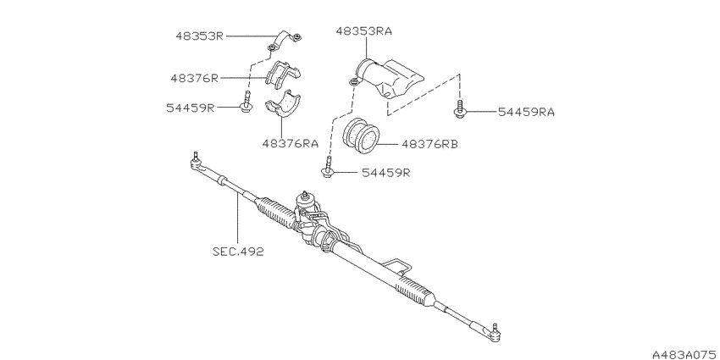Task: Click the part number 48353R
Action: pos(199,36)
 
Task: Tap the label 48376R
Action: pos(195,78)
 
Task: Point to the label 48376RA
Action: pos(291,143)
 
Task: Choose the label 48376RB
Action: pos(429,144)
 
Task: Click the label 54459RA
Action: pos(526,112)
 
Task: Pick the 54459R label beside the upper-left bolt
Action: pos(191,108)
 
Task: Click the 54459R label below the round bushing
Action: pos(385,173)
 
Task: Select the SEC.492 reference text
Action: pos(238,252)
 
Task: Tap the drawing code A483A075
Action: pos(686,354)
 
